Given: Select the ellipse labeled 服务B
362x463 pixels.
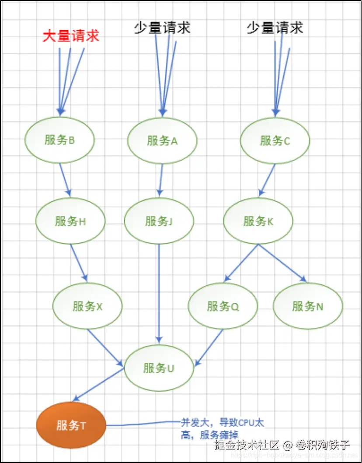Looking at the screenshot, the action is click(59, 140).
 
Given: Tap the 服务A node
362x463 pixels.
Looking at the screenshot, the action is click(162, 141).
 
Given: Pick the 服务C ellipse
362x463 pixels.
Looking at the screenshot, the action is click(275, 141).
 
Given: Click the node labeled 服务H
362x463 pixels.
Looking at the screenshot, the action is click(70, 221).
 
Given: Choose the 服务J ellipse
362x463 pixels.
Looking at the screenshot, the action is click(159, 221).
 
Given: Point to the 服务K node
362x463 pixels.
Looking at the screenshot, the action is click(258, 221).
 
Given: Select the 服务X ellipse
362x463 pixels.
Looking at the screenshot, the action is click(87, 306).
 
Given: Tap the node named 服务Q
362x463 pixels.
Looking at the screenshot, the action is click(223, 306).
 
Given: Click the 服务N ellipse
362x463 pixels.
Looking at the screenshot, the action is click(308, 306).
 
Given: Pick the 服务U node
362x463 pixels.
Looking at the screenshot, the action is click(159, 368).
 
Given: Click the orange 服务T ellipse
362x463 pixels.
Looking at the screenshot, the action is click(71, 425).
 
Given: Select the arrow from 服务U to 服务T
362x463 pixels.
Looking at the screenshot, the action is click(99, 385).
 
